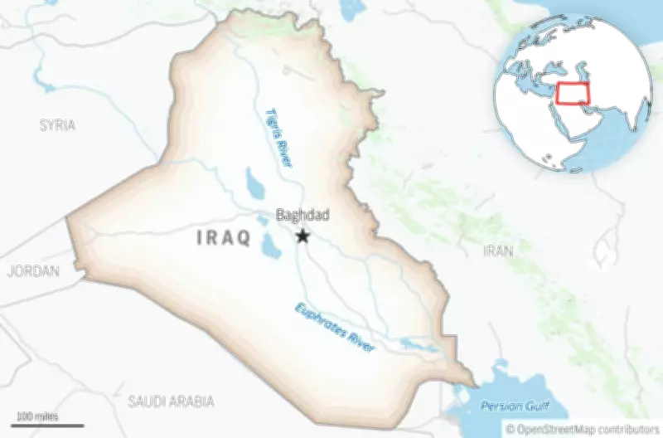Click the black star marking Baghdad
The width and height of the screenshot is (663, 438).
coord(303,236)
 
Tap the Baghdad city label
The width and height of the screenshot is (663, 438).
coord(302,216)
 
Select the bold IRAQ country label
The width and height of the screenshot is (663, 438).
coord(223,238)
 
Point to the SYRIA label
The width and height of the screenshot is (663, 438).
coord(57,125)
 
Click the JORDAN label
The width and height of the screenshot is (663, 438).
coord(33,271)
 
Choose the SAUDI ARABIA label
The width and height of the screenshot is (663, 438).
coord(172,401)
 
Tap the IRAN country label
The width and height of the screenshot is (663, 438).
coord(498,250)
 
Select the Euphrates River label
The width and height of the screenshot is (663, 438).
coord(335,326)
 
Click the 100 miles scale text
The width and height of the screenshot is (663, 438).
coord(35,415)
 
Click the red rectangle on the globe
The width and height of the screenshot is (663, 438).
coord(574,93)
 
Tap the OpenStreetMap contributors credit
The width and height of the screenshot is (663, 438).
coord(583,429)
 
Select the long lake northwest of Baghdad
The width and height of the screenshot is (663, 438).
coord(254,182)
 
